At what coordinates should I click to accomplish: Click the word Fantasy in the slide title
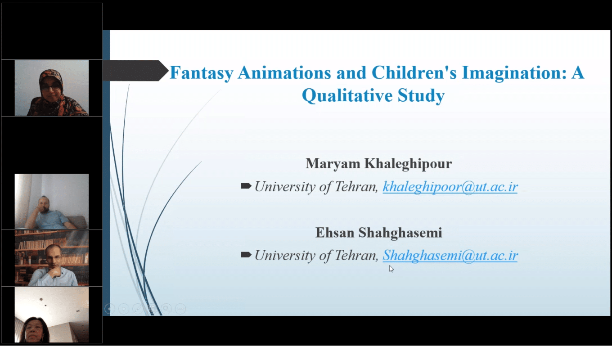click(x=201, y=73)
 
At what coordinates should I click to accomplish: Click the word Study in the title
click(x=421, y=95)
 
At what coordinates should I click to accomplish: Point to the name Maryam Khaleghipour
click(x=379, y=164)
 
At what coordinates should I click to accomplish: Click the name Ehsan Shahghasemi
click(x=379, y=233)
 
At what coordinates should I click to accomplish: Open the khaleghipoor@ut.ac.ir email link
click(x=450, y=187)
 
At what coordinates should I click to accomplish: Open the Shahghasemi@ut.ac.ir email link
click(x=450, y=256)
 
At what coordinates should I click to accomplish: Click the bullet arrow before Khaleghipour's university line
click(x=246, y=186)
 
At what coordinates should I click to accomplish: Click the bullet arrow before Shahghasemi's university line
click(x=246, y=255)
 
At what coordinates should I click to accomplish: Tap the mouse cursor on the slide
click(x=391, y=269)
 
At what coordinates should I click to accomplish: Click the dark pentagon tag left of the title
click(x=135, y=71)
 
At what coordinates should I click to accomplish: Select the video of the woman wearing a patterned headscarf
click(x=52, y=88)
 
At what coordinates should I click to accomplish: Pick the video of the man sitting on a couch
click(x=52, y=201)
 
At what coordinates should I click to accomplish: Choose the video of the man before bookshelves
click(x=52, y=258)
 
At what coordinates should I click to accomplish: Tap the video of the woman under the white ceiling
click(x=52, y=315)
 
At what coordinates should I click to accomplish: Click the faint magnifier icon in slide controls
click(x=166, y=309)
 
